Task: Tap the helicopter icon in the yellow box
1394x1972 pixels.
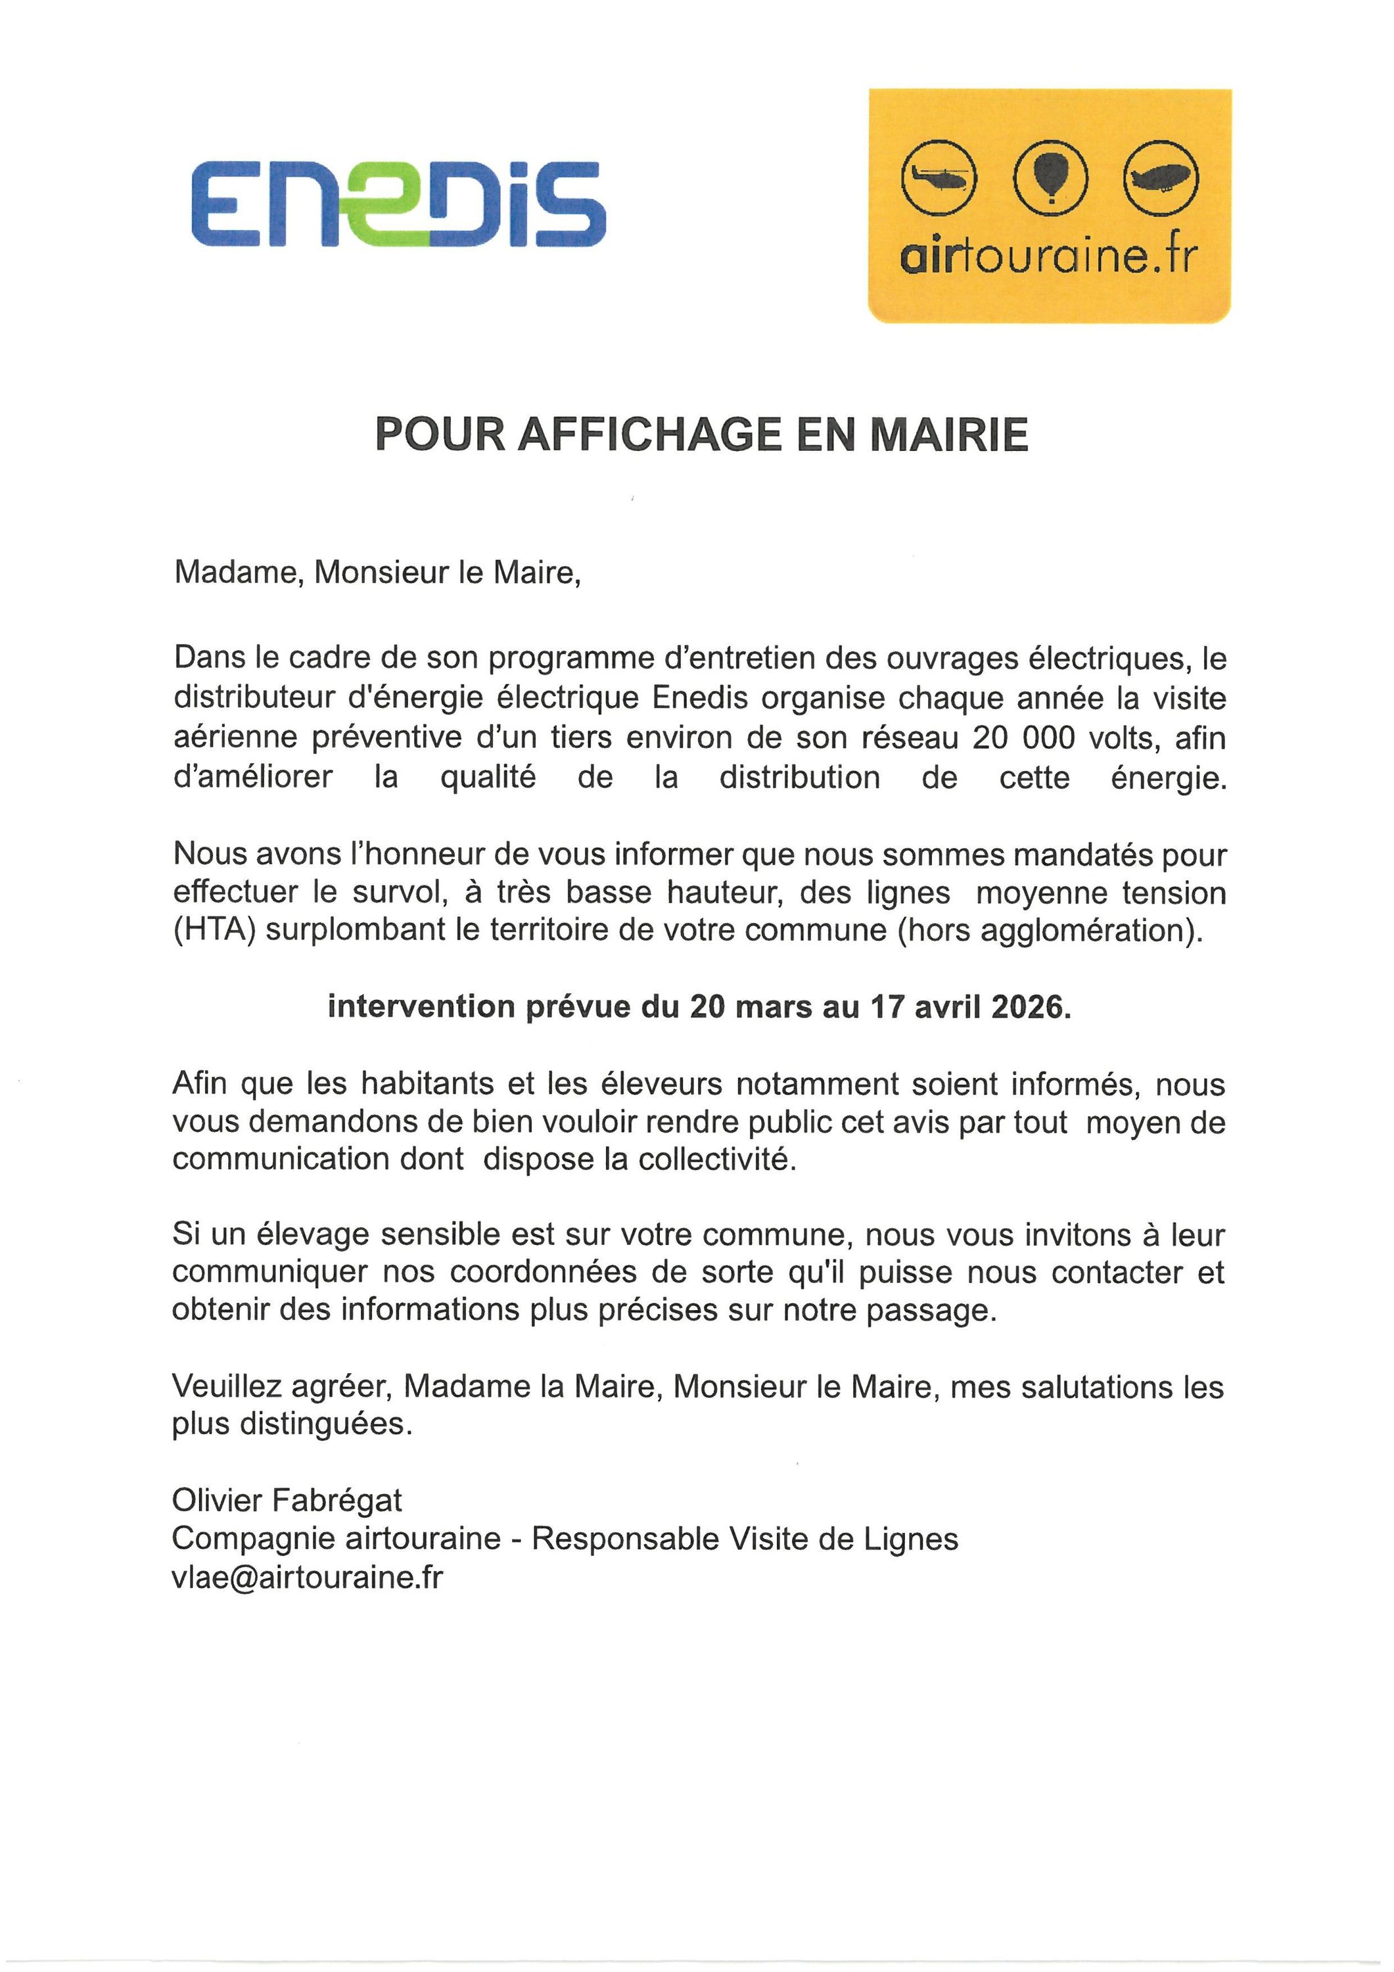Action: (938, 177)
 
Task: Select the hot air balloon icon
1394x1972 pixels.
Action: (1050, 176)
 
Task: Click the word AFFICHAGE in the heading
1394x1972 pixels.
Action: (652, 434)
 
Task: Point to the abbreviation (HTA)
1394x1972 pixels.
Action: (215, 930)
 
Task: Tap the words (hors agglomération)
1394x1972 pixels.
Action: (1050, 930)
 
